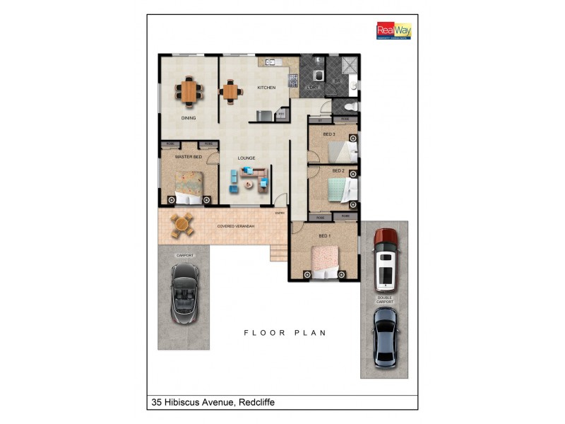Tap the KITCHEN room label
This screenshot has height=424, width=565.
[266, 88]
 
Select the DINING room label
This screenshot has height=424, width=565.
[188, 118]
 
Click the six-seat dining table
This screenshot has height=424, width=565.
[189, 90]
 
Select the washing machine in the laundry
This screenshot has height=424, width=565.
[318, 76]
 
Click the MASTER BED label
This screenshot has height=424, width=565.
[189, 156]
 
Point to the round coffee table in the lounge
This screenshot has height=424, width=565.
[248, 185]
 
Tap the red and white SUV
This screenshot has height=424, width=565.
[386, 259]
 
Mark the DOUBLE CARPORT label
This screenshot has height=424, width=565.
[385, 300]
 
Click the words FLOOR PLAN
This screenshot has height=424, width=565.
[285, 332]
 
